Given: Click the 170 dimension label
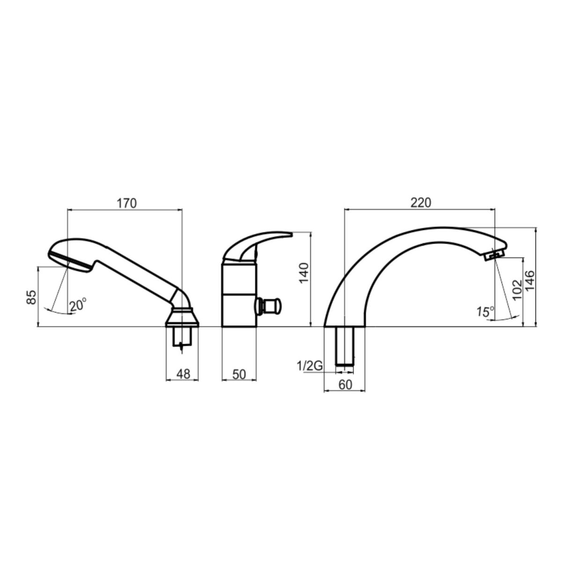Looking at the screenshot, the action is coord(127,203).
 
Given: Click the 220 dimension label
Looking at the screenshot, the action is coord(421,203).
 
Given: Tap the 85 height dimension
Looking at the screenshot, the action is coord(31,297).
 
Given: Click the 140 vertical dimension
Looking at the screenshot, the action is coord(304,273).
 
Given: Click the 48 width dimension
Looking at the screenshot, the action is coord(183,374).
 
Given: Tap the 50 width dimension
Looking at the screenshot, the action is coord(239,375).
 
